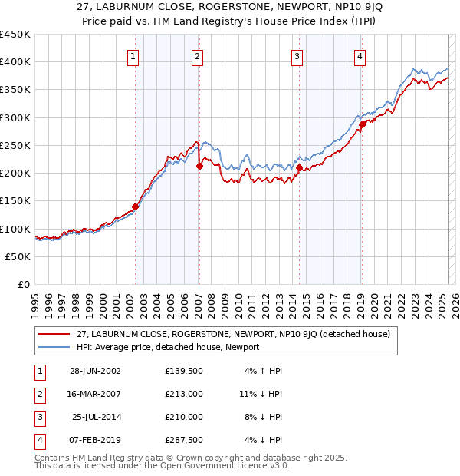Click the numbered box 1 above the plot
click(133, 55)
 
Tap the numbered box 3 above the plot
click(296, 55)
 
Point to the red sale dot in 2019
click(362, 125)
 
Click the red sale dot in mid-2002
click(135, 207)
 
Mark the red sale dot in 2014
click(299, 167)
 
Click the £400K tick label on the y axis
click(15, 62)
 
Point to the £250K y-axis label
click(15, 145)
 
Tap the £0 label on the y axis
click(24, 285)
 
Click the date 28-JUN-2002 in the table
click(95, 371)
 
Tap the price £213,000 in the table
click(184, 394)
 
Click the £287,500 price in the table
click(184, 440)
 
